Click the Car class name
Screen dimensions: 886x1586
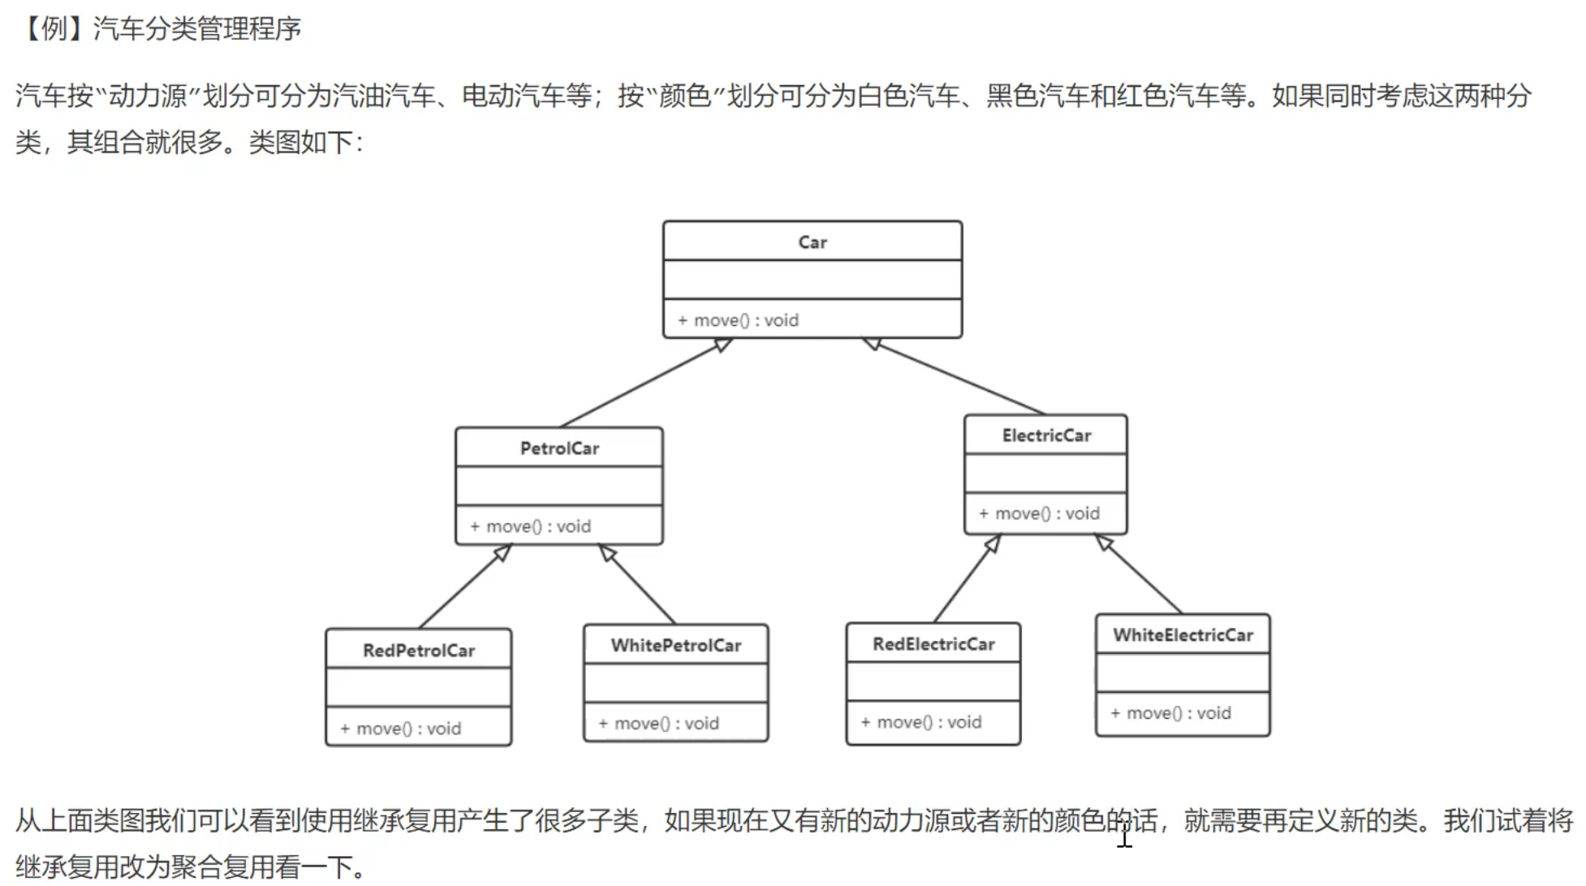tap(812, 242)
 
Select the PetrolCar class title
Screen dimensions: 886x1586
tap(559, 448)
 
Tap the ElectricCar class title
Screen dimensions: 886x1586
tap(1046, 435)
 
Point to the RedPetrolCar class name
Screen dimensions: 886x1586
tap(419, 650)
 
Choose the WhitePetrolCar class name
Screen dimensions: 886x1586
tap(676, 645)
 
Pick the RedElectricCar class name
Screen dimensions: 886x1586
tap(933, 643)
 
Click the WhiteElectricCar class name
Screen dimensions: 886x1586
tap(1183, 634)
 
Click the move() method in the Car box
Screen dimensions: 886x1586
tap(739, 320)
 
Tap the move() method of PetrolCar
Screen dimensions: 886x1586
tap(531, 526)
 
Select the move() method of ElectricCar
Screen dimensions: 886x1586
tap(1039, 513)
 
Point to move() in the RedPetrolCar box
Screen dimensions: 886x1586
tap(401, 728)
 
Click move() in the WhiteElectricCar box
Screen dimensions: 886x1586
tap(1171, 712)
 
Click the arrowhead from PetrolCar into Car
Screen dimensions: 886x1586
tap(722, 345)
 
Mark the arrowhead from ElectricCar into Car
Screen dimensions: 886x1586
tap(873, 344)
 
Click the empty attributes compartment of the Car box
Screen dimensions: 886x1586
tap(812, 279)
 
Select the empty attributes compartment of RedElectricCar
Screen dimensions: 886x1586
tap(933, 682)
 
